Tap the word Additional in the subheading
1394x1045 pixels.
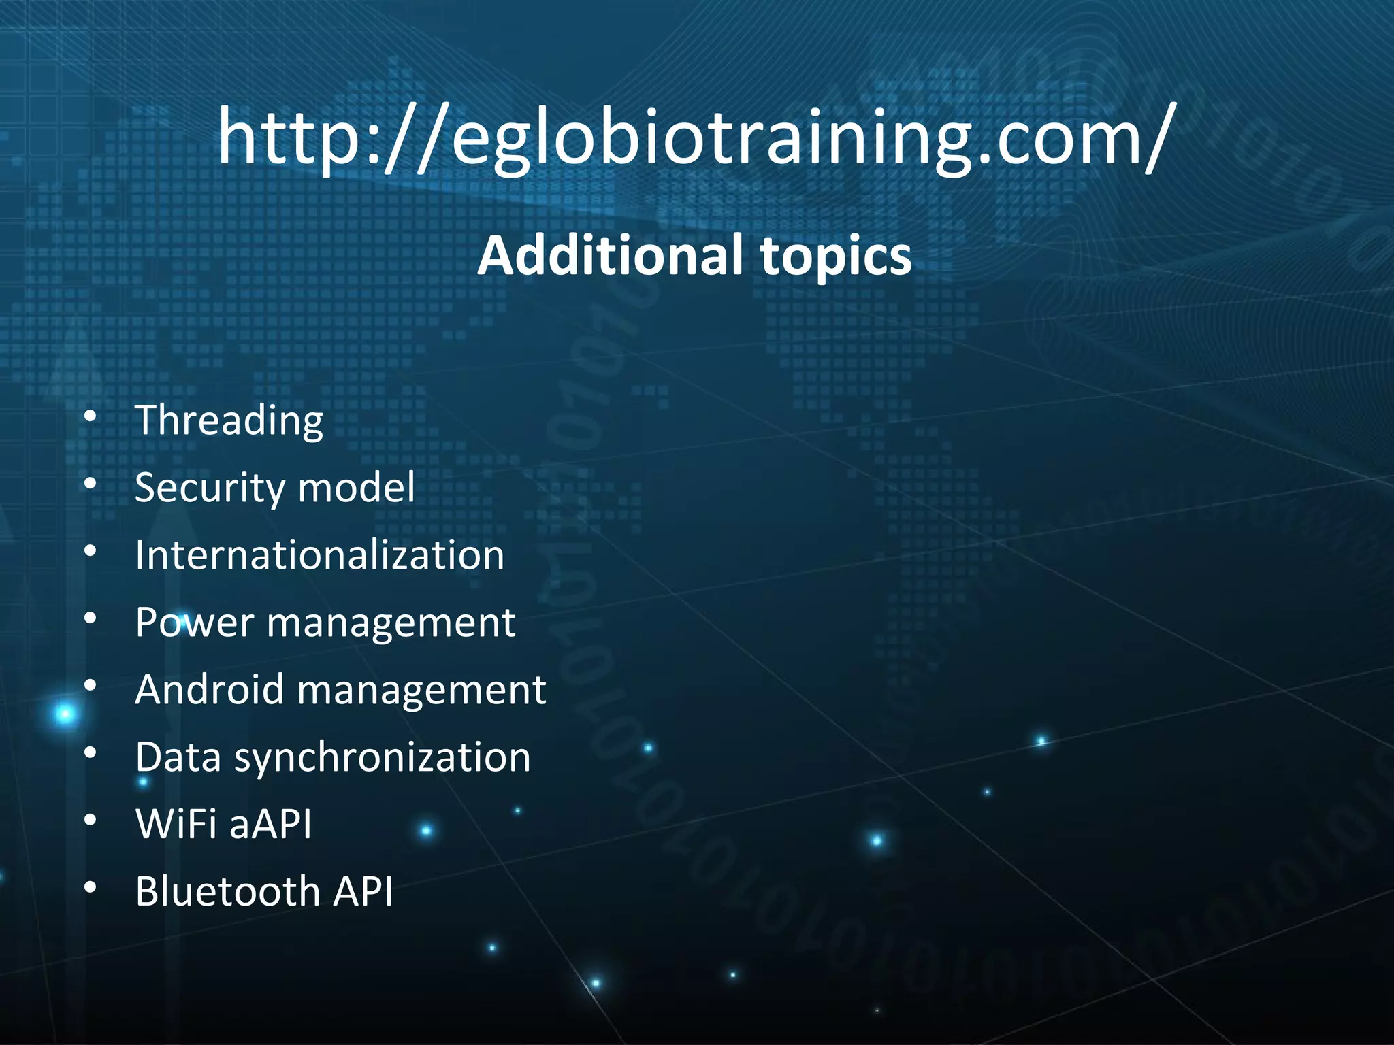[x=610, y=256]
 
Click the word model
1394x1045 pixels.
[x=356, y=488]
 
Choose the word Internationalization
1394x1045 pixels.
[x=319, y=555]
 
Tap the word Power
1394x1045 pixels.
[x=194, y=623]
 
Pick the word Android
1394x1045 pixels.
[x=209, y=690]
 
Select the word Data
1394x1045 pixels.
[x=178, y=757]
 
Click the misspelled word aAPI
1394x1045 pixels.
[x=270, y=825]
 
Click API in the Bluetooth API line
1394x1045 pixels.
[x=363, y=892]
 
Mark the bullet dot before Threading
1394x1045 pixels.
[x=91, y=418]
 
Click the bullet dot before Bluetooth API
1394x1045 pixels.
[x=91, y=889]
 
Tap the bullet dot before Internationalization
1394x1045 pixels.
[x=91, y=552]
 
